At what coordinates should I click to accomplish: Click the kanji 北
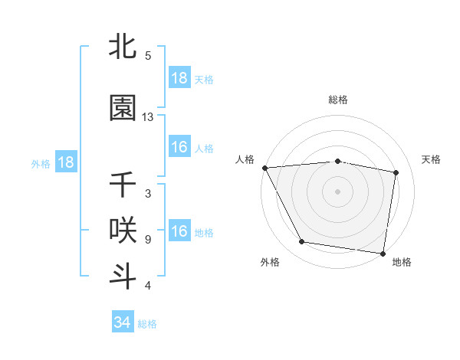123,47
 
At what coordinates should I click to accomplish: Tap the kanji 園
123,108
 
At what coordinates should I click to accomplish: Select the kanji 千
123,185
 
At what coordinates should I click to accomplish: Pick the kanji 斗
123,276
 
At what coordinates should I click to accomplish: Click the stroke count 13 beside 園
148,117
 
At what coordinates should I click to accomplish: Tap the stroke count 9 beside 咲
148,239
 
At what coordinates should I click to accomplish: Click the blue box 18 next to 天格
179,78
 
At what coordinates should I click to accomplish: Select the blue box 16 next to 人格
179,147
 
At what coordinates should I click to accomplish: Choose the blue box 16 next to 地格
179,231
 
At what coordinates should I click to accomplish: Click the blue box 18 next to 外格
66,162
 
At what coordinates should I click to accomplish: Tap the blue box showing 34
123,322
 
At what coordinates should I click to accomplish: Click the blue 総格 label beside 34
147,324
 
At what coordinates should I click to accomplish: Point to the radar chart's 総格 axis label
338,100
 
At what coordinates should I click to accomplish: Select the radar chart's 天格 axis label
432,159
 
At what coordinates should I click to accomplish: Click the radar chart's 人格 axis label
245,159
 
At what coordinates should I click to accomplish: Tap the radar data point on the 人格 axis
264,167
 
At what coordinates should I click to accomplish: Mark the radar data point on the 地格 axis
383,253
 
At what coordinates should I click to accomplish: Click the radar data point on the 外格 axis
302,243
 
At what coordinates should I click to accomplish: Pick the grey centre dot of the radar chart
338,191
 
